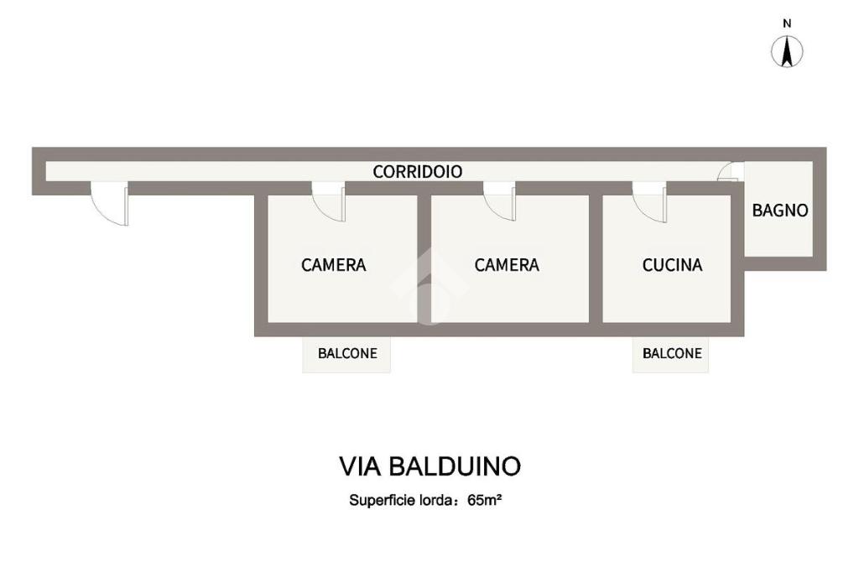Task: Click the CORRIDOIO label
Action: (x=418, y=171)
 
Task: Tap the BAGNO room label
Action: (x=779, y=211)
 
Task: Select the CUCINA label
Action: (x=672, y=265)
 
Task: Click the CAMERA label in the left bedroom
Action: (x=334, y=265)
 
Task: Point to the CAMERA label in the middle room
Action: (x=507, y=265)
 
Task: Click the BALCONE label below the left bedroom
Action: (x=347, y=353)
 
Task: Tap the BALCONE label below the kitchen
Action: (x=672, y=353)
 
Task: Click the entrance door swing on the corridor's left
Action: (x=110, y=203)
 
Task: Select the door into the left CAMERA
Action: (x=329, y=201)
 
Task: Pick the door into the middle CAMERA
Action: (x=500, y=201)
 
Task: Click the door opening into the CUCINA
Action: (x=650, y=201)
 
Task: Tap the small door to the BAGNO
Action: (x=731, y=171)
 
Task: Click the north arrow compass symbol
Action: (x=787, y=52)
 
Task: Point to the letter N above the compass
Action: (x=787, y=23)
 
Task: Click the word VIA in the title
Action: (x=359, y=467)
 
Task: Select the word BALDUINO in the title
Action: (x=455, y=467)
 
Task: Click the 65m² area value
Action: (x=485, y=500)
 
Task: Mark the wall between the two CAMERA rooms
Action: (x=424, y=258)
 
